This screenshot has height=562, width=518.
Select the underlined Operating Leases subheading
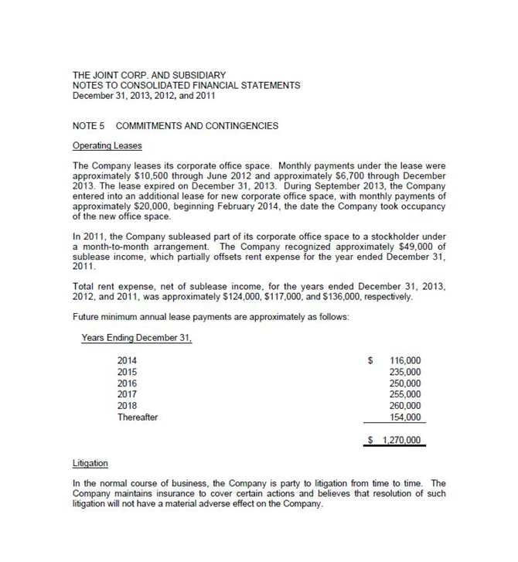[107, 145]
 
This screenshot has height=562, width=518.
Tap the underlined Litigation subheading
[90, 463]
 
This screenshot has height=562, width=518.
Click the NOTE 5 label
[87, 125]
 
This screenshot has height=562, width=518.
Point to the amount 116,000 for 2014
[406, 360]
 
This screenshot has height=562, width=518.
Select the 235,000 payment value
[406, 372]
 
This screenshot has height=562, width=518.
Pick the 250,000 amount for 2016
[406, 383]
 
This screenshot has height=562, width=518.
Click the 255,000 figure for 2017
[406, 394]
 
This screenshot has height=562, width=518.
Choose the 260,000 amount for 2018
[406, 406]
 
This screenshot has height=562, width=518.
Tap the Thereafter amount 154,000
[406, 417]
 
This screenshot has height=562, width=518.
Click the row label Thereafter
[138, 417]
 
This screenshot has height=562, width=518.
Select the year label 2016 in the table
[128, 383]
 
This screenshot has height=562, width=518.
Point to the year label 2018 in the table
[128, 406]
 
